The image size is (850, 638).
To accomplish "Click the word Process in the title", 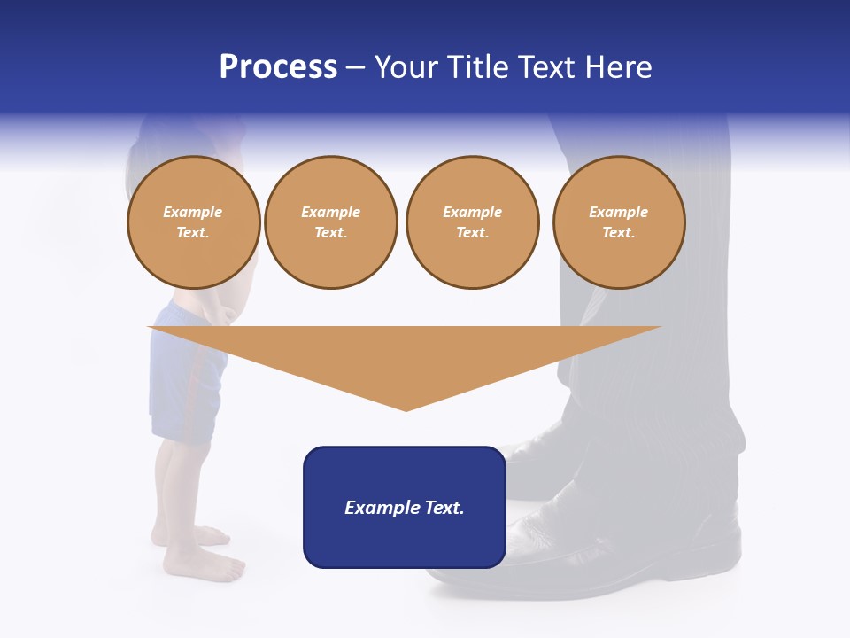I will pos(278,67).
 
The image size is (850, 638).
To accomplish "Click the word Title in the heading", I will pos(476,67).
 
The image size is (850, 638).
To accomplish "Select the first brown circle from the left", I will pos(193,222).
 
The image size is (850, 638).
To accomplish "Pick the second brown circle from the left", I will pos(330,222).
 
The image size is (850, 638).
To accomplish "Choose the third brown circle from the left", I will pos(472,222).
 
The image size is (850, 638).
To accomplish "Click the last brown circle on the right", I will pos(618,222).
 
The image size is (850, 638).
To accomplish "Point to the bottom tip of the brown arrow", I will pos(406,409).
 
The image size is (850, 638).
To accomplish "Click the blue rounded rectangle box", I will pos(405,541).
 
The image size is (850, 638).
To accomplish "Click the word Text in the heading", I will pos(547,67).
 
